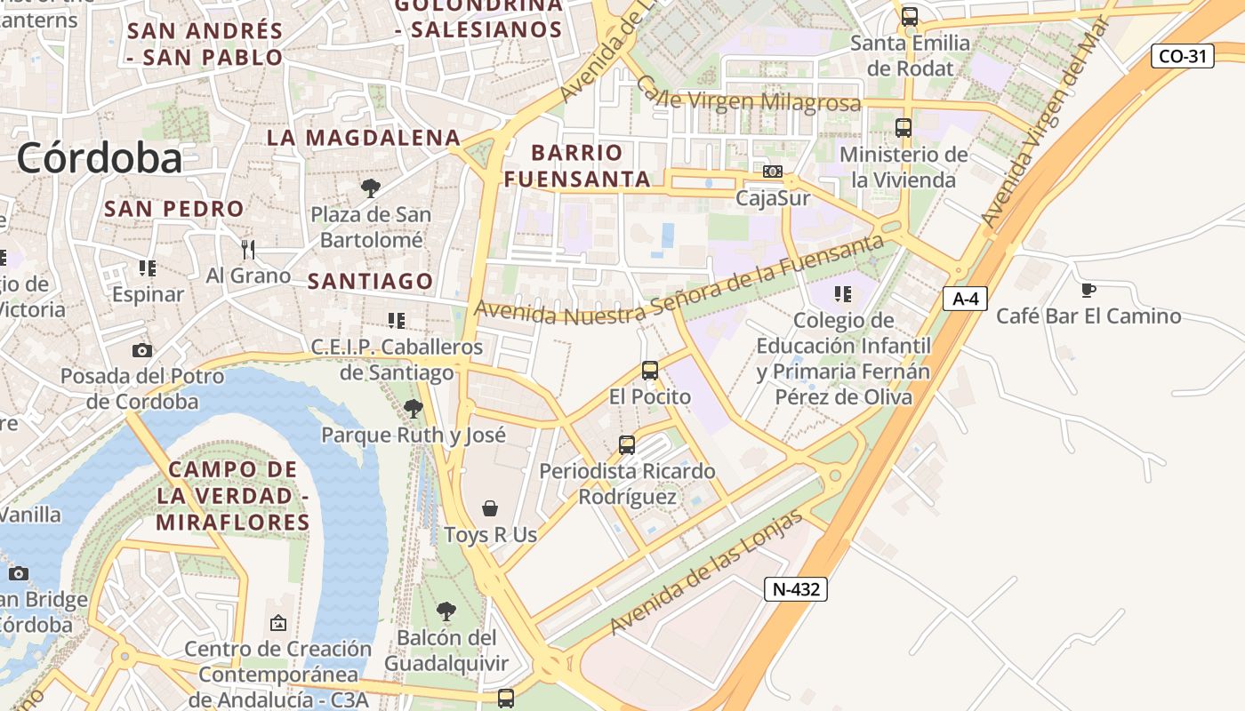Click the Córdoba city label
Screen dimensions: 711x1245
pos(99,158)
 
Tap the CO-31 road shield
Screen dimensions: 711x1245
pos(1183,56)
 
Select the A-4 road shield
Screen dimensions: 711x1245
pos(965,299)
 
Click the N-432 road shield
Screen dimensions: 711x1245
pos(795,588)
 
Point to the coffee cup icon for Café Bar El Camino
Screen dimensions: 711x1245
pos(1088,290)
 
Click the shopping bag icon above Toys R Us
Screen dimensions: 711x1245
pos(489,508)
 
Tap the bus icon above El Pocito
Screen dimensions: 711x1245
pos(650,371)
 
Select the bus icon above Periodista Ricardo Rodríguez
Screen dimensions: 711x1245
pos(627,444)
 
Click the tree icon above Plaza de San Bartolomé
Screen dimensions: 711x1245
pos(370,188)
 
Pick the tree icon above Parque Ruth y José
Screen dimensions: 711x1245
pos(413,409)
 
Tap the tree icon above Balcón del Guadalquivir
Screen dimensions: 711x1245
pos(446,611)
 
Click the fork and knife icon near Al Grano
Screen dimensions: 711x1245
pos(248,249)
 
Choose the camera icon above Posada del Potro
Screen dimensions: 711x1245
pos(141,350)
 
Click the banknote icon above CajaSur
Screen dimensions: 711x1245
pos(773,171)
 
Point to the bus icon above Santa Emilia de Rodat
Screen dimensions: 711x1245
pos(909,16)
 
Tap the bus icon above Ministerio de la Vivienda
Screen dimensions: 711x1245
pos(904,128)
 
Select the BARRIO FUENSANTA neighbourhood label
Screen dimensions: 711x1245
pos(577,165)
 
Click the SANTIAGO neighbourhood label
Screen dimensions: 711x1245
pos(370,282)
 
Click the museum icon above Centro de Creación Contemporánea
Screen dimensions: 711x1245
pos(278,623)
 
